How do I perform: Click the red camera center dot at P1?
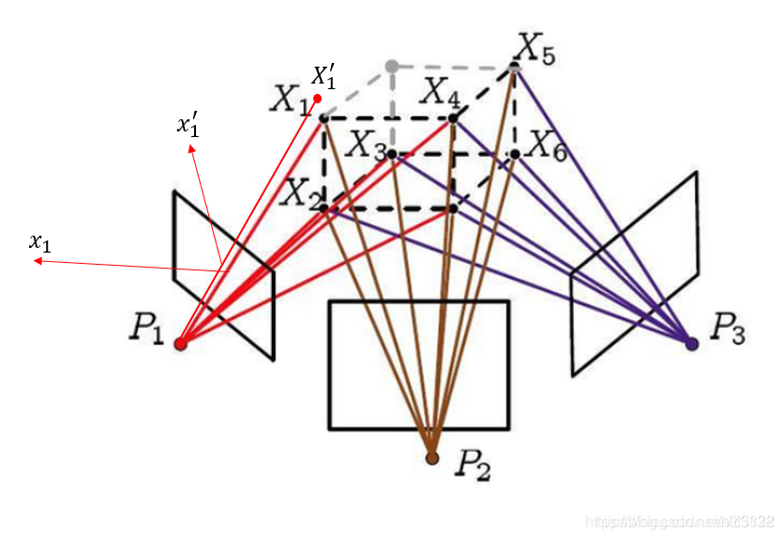pyautogui.click(x=181, y=344)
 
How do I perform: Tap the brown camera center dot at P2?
pyautogui.click(x=431, y=458)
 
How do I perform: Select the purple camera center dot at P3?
pyautogui.click(x=692, y=345)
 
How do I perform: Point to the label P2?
pyautogui.click(x=474, y=464)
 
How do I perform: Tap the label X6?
pyautogui.click(x=547, y=145)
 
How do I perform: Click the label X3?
pyautogui.click(x=366, y=144)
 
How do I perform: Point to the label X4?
pyautogui.click(x=439, y=92)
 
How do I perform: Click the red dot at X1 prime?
pyautogui.click(x=318, y=99)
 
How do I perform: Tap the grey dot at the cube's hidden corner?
pyautogui.click(x=392, y=66)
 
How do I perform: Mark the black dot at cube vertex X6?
pyautogui.click(x=515, y=153)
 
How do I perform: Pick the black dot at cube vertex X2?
pyautogui.click(x=324, y=208)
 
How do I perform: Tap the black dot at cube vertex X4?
pyautogui.click(x=453, y=118)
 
